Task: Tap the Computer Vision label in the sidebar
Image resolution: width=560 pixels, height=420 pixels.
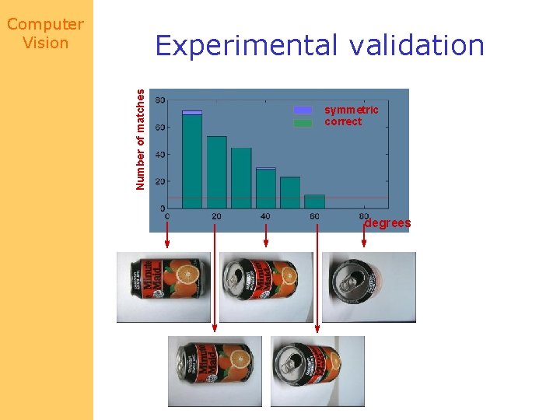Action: coord(46,34)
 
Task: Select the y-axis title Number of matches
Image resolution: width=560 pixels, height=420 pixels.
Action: coord(140,138)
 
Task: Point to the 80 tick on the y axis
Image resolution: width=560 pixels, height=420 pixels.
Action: coord(159,100)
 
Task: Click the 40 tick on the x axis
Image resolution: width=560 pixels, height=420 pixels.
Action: coord(266,215)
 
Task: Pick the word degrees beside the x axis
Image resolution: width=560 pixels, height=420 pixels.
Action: coord(387,223)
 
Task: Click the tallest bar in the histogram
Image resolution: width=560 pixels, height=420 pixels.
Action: coord(192,159)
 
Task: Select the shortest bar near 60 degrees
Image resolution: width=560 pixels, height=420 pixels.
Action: coord(314,201)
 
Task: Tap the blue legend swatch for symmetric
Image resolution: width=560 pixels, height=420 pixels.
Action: coord(303,110)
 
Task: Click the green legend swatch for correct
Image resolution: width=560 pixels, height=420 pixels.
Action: coord(303,122)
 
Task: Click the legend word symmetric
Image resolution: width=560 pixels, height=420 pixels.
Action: coord(352,110)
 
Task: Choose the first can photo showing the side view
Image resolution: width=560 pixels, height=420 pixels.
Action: coord(163,286)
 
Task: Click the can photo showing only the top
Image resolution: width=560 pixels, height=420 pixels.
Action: coord(369,286)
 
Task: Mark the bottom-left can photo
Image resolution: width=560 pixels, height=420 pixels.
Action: coord(214,371)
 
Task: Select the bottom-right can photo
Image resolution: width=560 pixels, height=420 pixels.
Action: coord(317,371)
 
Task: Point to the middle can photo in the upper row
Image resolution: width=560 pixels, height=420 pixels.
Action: coord(266,286)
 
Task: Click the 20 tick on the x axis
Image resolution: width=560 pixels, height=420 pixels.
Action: coord(216,215)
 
